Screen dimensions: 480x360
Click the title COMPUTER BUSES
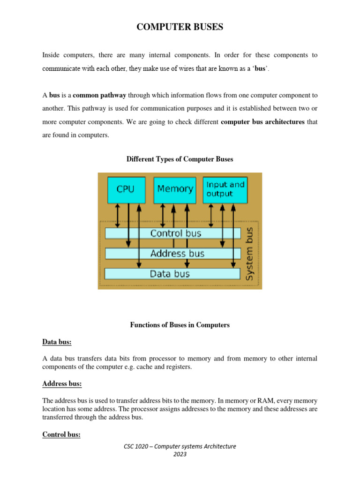point(180,28)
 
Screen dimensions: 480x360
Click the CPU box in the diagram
point(126,189)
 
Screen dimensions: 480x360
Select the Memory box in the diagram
point(175,189)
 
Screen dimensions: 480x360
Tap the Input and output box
point(225,189)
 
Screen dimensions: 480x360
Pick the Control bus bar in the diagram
point(175,233)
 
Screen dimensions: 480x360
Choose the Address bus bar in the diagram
point(177,254)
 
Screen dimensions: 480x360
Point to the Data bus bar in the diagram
point(170,274)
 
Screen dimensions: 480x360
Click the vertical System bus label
point(250,254)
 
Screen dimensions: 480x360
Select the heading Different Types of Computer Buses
point(180,159)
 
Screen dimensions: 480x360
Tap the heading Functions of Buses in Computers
point(180,325)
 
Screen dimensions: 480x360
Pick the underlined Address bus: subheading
point(62,384)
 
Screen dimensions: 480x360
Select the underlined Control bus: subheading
point(61,435)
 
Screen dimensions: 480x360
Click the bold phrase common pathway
point(99,95)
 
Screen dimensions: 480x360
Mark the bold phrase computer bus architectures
point(262,122)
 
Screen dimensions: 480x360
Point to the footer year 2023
point(180,454)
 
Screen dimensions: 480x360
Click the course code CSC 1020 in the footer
point(136,446)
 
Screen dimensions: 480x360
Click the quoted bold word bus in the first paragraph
point(261,68)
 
